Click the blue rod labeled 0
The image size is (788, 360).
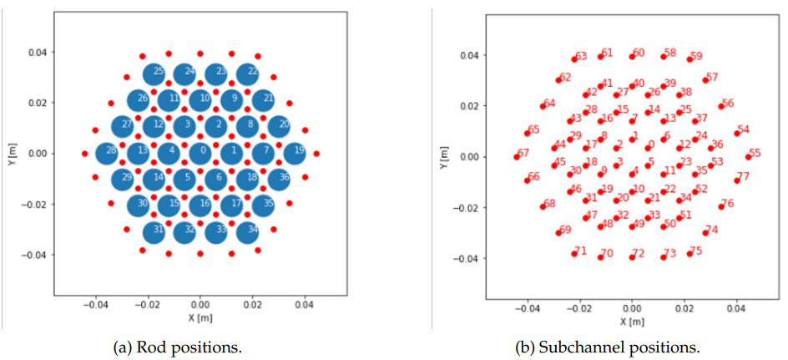click(200, 154)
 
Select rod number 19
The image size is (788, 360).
click(294, 154)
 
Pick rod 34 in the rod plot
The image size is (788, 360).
click(247, 233)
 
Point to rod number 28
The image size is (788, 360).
click(107, 154)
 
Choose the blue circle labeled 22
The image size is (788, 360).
click(247, 74)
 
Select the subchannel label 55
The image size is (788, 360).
click(755, 154)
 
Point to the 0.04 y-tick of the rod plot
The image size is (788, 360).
click(38, 53)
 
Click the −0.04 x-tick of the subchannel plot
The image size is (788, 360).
click(528, 309)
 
